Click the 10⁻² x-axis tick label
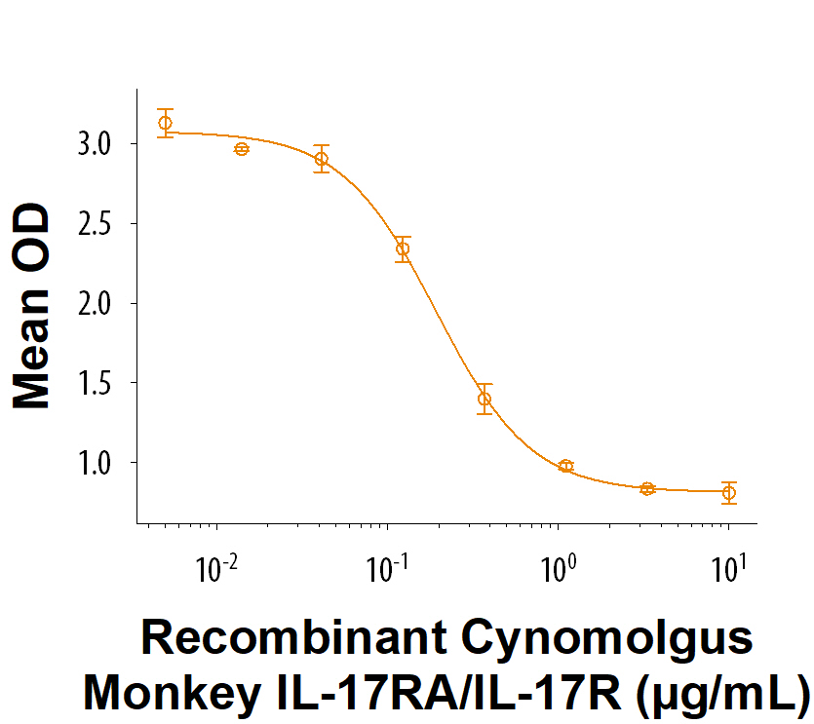[x=219, y=567]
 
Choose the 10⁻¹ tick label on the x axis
[x=389, y=567]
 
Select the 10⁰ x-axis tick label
[x=560, y=567]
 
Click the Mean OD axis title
[x=33, y=305]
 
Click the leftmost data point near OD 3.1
[x=166, y=123]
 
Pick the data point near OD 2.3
[x=403, y=248]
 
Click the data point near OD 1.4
[x=485, y=399]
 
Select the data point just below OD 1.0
[x=566, y=466]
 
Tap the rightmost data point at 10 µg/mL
[x=728, y=493]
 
